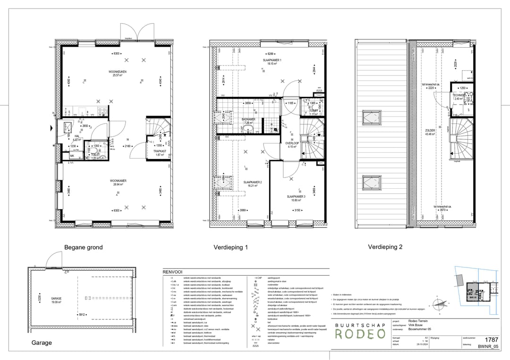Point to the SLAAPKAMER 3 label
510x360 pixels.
[296, 196]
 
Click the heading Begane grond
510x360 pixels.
[83, 247]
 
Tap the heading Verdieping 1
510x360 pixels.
[230, 247]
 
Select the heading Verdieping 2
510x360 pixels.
[385, 247]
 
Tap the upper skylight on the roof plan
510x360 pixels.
[371, 117]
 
